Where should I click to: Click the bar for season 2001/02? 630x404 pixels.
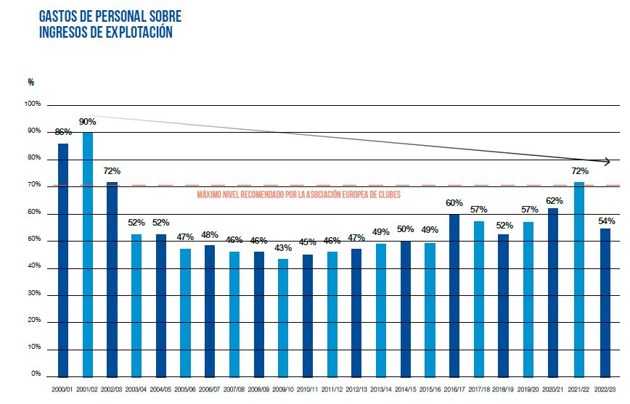point(87,254)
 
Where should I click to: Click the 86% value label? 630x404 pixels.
point(63,133)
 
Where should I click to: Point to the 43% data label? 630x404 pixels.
point(283,248)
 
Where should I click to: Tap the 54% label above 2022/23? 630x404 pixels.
point(607,220)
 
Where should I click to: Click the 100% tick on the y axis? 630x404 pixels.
point(33,104)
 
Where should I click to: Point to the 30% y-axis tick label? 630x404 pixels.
point(34,294)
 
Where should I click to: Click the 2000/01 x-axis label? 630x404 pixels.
point(63,389)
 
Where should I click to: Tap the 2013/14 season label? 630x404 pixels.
point(381,389)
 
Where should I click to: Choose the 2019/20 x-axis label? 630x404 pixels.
point(529,389)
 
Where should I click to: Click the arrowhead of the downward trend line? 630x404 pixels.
point(607,161)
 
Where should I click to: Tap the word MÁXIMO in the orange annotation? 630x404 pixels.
point(210,194)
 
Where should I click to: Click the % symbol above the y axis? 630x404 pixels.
point(31,82)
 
